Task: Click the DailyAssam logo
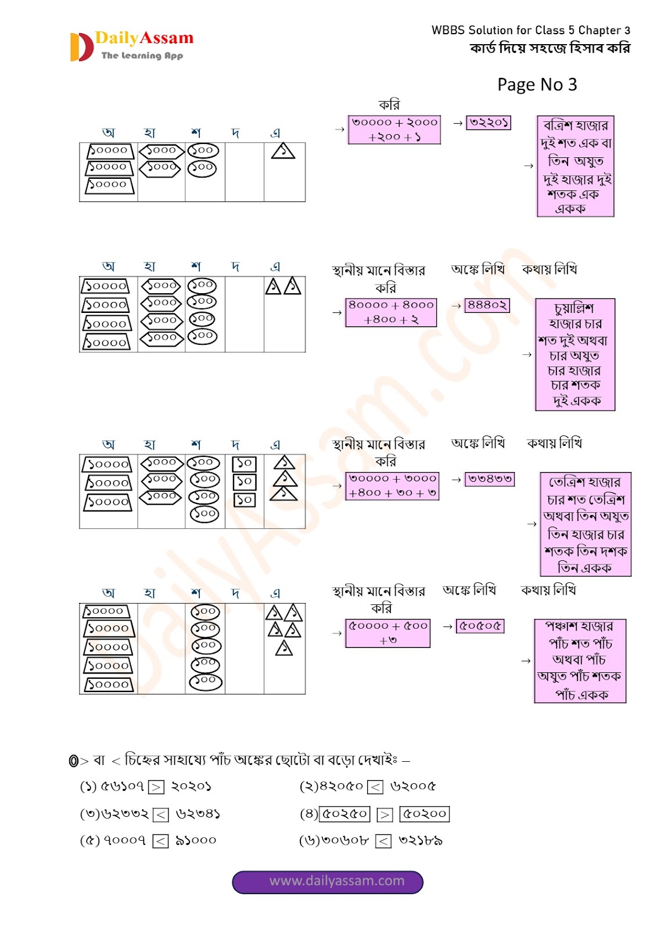coord(131,46)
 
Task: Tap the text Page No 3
coord(537,85)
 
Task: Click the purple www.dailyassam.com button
coord(328,881)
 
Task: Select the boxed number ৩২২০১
coord(489,123)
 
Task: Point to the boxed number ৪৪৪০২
coord(487,305)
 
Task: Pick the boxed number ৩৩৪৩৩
coord(490,479)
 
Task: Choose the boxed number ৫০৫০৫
coord(480,626)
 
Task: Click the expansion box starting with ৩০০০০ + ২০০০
coord(394,129)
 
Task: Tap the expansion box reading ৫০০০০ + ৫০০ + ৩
coord(387,633)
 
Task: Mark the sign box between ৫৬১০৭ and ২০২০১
coord(156,787)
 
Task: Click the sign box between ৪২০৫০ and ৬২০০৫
coord(376,787)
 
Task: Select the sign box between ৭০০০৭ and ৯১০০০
coord(160,841)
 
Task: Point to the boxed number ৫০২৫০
coord(345,814)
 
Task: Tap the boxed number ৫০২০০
coord(424,814)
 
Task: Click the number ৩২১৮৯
coord(421,840)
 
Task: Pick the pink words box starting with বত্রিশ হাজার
coord(575,166)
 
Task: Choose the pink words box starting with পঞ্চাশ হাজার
coord(580,661)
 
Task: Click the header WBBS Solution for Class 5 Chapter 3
coord(530,30)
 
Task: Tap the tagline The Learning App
coord(142,56)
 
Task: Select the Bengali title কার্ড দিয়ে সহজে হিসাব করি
coord(550,48)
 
